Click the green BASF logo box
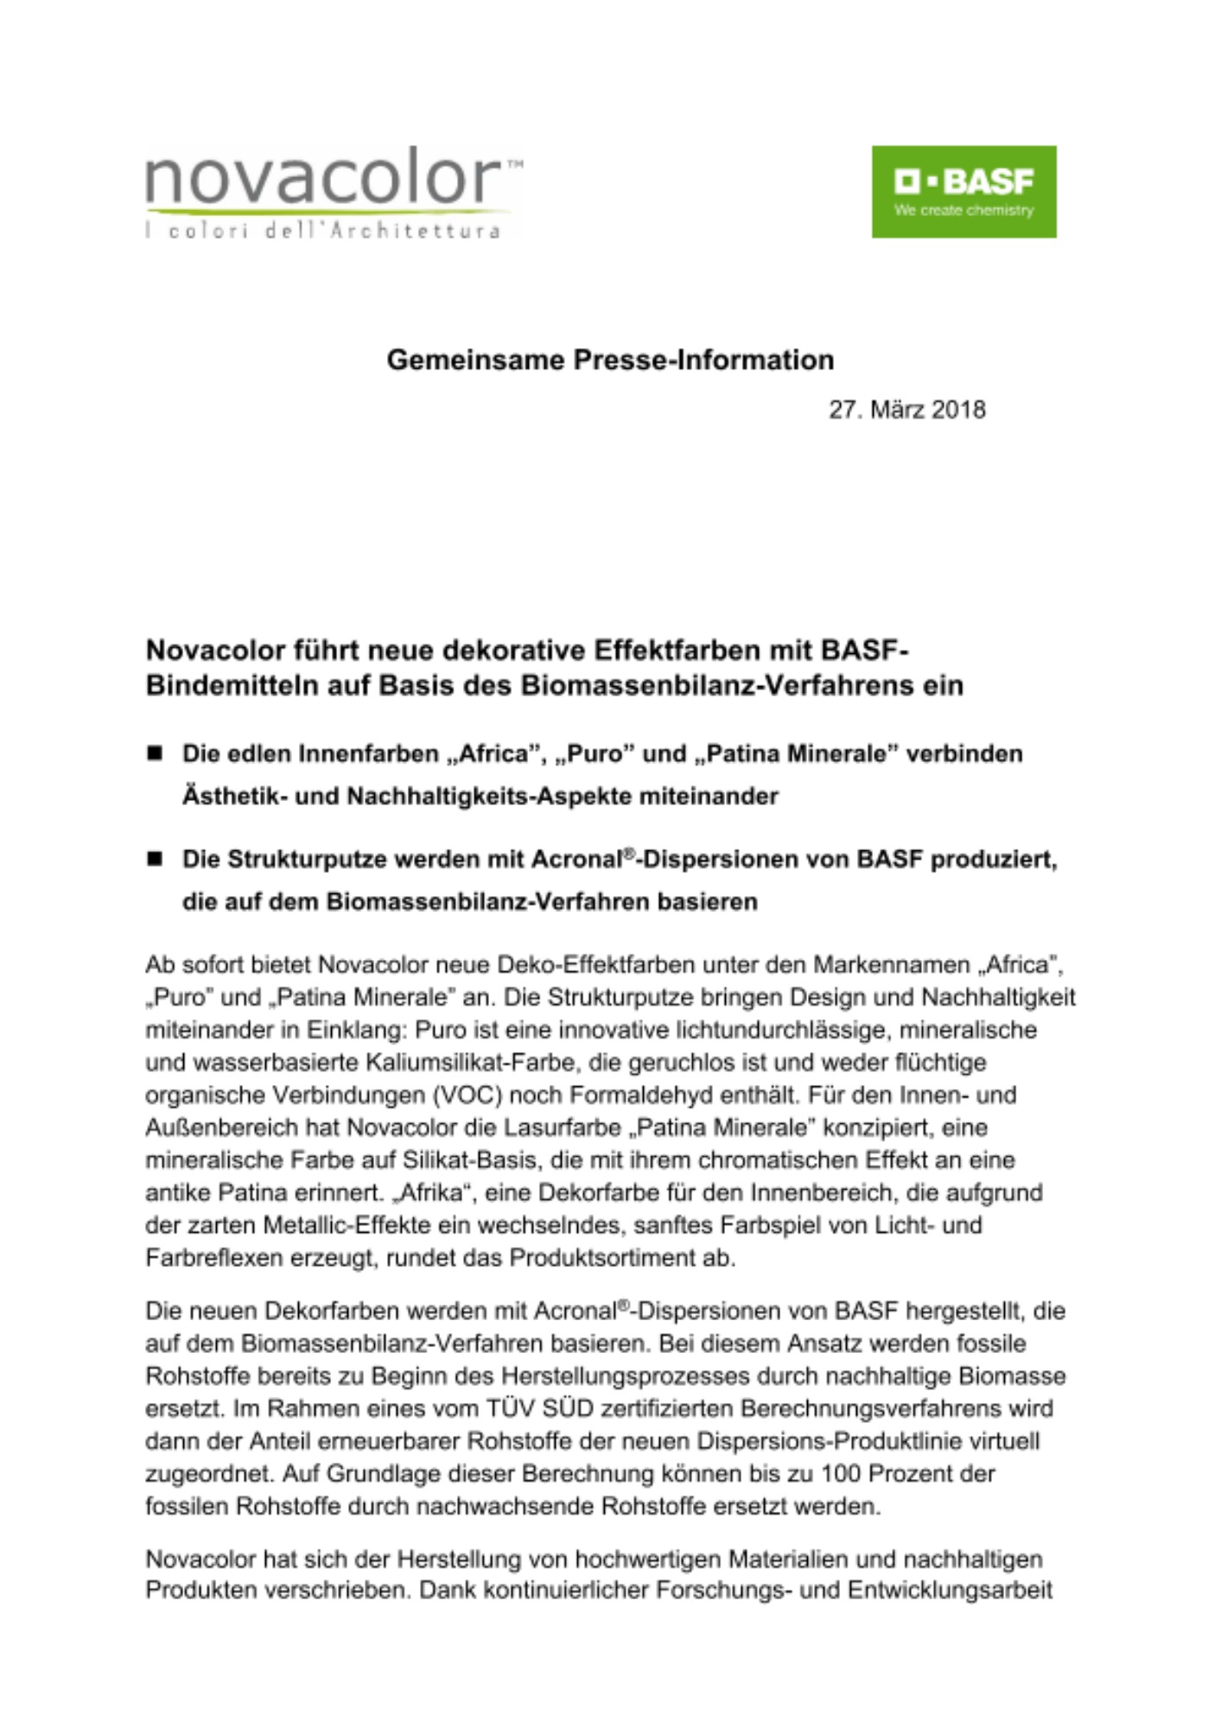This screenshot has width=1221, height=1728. pos(963,191)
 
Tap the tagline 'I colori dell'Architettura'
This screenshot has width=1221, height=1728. pos(322,230)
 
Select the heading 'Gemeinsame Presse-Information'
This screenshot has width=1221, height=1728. pos(610,359)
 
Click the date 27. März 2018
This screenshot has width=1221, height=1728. pos(907,410)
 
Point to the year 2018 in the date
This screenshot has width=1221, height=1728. pos(958,410)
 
